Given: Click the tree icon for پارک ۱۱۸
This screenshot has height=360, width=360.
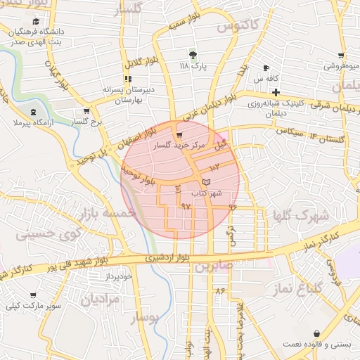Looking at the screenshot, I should (193, 54).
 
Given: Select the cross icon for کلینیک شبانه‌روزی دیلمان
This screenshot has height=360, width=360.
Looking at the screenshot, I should (276, 92).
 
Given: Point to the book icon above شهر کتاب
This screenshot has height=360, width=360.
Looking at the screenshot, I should (205, 182).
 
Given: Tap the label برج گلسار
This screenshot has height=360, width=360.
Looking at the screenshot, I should (86, 122).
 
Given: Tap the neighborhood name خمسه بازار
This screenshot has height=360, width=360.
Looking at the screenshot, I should (105, 212).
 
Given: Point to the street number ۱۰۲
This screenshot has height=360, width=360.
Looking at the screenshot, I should (214, 167).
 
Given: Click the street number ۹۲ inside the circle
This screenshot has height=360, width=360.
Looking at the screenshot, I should (186, 206).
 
